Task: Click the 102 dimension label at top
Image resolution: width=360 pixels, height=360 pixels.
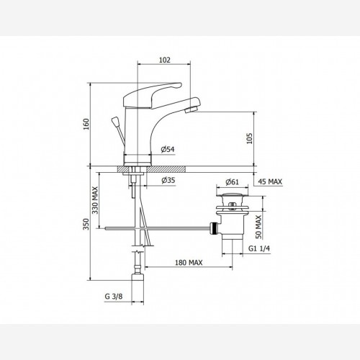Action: (165, 60)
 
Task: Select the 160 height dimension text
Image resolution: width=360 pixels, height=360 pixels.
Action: (86, 124)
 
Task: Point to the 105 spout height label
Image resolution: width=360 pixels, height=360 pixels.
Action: (250, 138)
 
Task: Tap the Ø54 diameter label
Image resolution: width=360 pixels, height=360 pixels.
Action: (168, 150)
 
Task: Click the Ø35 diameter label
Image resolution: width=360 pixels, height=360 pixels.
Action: (168, 180)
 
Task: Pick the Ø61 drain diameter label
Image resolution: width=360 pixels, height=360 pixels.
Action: (232, 182)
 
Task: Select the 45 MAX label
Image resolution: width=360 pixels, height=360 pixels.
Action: (270, 181)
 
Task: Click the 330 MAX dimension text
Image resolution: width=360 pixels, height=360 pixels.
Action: (95, 200)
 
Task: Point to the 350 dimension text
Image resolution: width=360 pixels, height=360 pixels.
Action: (86, 224)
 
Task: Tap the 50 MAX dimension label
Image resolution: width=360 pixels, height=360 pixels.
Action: (258, 227)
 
